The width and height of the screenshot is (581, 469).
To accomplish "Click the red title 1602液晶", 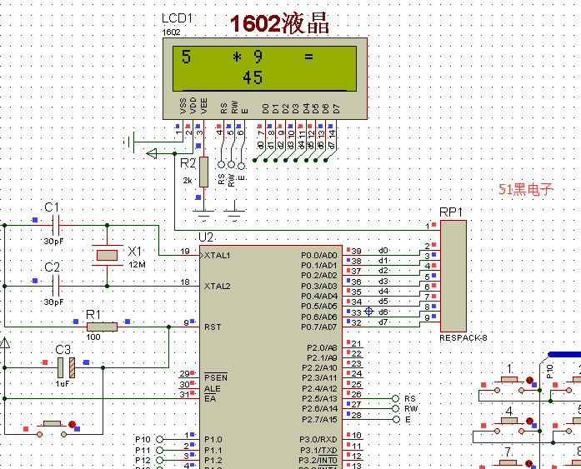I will tap(279, 24).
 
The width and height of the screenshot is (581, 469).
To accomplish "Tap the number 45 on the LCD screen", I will tap(253, 77).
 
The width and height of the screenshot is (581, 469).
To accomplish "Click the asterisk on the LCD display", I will tap(237, 57).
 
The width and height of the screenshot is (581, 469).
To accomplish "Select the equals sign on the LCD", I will tap(308, 57).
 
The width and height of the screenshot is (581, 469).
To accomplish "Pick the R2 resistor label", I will tap(188, 163).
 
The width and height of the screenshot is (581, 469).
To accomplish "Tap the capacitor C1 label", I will tap(52, 207).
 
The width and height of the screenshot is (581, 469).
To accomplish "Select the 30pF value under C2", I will tap(53, 302).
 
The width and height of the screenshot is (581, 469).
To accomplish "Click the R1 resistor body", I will tap(102, 327).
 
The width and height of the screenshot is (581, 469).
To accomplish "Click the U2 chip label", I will tap(206, 237).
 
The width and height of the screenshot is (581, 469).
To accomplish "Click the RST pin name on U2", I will tap(212, 327).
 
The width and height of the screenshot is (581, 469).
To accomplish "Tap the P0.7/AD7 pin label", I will tap(319, 327).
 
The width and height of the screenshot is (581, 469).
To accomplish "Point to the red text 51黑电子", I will tap(525, 189).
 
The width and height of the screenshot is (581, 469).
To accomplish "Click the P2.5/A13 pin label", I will tap(319, 398).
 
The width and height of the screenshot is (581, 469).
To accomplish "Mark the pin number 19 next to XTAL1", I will tap(184, 251).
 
